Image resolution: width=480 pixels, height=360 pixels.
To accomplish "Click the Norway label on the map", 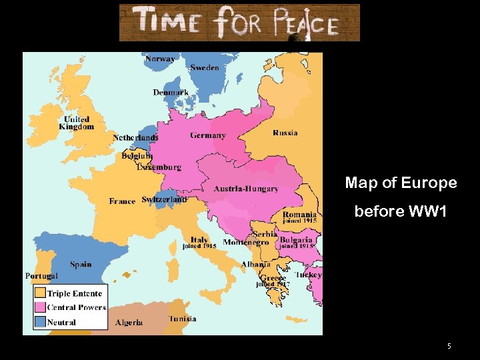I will click(x=160, y=59).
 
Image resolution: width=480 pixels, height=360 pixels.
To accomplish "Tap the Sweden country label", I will click(x=204, y=68).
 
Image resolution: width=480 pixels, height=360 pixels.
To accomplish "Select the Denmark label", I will click(x=171, y=93).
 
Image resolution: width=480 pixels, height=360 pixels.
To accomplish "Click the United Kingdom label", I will click(x=77, y=123).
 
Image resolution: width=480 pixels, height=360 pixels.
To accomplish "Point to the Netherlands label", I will click(x=135, y=138).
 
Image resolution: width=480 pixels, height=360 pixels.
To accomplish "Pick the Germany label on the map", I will click(x=208, y=135).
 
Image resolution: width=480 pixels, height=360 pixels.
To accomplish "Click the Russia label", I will click(x=285, y=133).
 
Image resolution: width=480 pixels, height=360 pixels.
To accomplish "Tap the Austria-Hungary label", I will click(x=246, y=189).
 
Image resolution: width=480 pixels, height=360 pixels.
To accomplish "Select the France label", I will click(x=122, y=201).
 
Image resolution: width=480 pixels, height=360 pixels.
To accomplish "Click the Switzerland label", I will click(x=164, y=199).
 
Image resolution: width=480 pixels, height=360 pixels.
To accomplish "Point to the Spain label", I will click(x=81, y=265).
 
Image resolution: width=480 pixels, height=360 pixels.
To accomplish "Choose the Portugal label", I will click(x=41, y=276).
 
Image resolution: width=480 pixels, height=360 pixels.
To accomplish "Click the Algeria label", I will click(x=129, y=323).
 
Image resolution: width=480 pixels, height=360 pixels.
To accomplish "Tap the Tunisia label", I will click(x=182, y=319).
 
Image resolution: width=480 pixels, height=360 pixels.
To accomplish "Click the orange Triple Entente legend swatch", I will click(x=40, y=293).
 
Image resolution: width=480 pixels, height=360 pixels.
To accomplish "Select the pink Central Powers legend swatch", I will click(x=40, y=307).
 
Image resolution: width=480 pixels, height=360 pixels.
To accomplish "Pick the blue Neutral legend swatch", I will click(x=40, y=322).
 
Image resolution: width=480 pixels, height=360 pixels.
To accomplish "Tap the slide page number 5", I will click(x=449, y=346).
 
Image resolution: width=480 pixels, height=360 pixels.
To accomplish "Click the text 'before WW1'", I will click(x=401, y=211).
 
